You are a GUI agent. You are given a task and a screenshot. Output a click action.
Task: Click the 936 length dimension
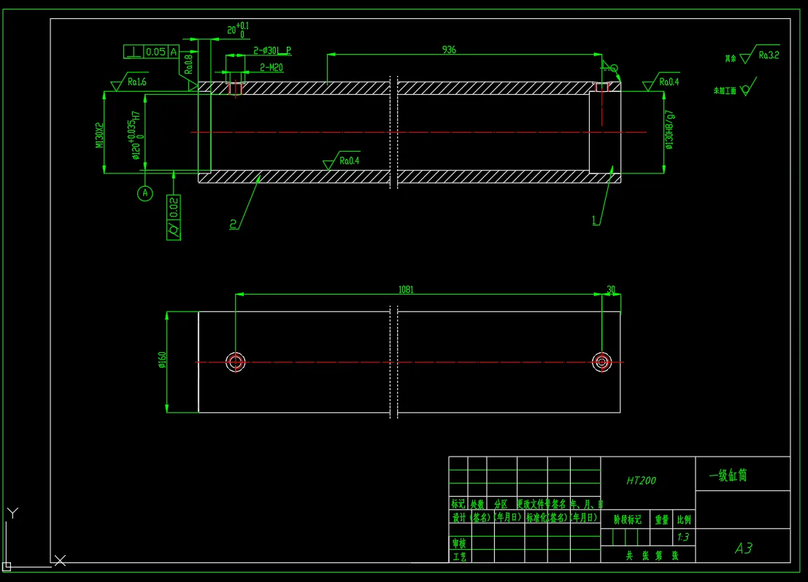(x=449, y=50)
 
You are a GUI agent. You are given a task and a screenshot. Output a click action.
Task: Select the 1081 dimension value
(x=406, y=290)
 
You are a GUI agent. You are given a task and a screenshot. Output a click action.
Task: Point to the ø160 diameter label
(x=162, y=360)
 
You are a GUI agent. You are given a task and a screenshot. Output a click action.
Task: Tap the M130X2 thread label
(x=99, y=135)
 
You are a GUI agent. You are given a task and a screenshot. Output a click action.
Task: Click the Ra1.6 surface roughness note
(x=136, y=82)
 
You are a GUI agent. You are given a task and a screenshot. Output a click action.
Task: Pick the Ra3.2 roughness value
(x=769, y=55)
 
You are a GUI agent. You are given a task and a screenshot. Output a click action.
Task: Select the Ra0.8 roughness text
(x=188, y=65)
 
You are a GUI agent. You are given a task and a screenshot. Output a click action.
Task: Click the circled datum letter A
(x=145, y=193)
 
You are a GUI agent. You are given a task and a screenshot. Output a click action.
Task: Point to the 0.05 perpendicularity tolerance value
(x=155, y=52)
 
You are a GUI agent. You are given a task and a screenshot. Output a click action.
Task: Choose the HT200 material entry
(x=641, y=481)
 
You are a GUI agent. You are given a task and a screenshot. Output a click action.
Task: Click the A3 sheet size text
(x=743, y=548)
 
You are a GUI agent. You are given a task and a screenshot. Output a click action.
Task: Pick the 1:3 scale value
(x=683, y=538)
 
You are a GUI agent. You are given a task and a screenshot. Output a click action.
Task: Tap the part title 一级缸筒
(x=728, y=476)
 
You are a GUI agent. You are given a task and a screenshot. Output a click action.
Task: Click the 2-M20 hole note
(x=272, y=67)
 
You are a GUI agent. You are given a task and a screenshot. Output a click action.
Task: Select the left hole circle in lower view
(x=235, y=362)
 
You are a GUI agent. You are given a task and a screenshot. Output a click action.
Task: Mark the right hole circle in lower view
(x=601, y=361)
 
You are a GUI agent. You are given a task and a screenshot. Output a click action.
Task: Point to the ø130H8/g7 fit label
(x=669, y=130)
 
